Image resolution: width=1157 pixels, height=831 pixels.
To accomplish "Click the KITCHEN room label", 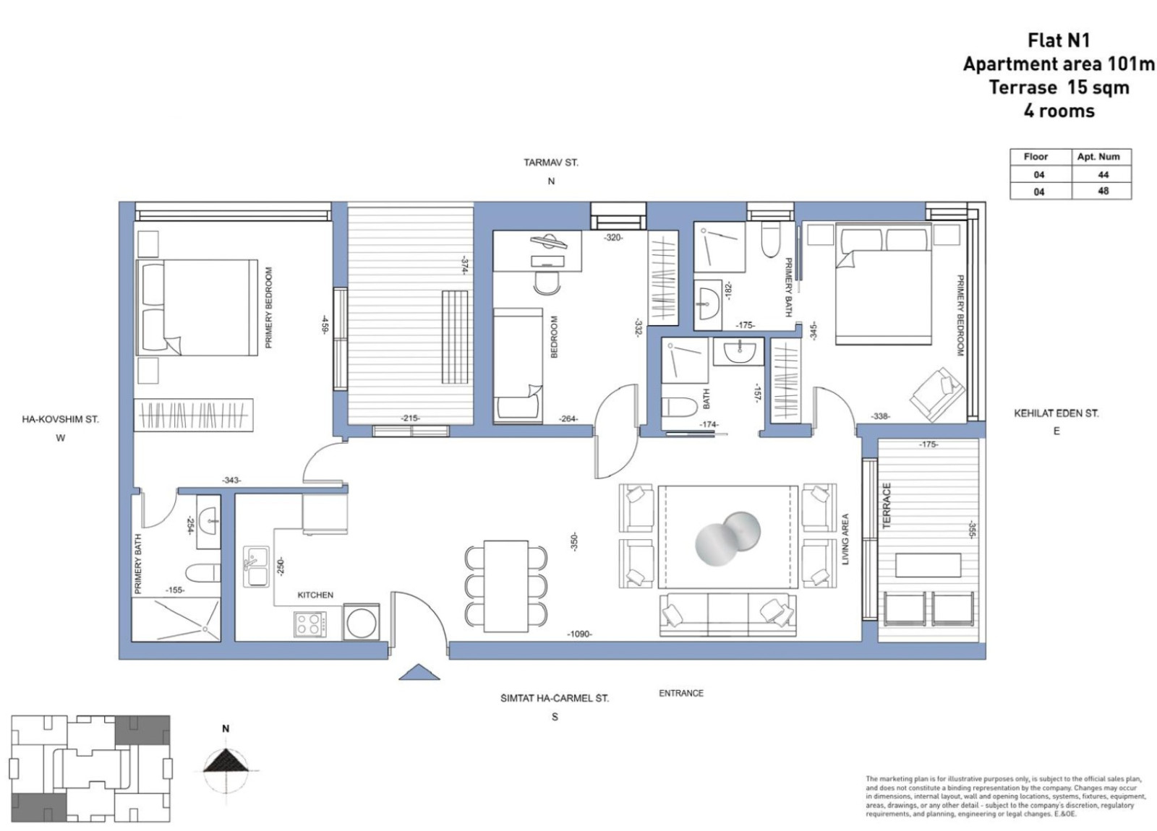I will click(x=315, y=595).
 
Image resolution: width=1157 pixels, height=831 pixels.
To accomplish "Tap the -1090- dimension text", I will click(x=579, y=634).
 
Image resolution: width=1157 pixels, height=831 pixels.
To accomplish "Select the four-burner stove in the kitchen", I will click(x=309, y=624).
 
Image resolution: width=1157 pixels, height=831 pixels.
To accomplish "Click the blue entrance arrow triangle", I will click(x=419, y=673).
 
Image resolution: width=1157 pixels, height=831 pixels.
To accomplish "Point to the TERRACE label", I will click(x=887, y=505).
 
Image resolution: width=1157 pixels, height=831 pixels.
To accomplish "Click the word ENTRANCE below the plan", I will click(x=680, y=693).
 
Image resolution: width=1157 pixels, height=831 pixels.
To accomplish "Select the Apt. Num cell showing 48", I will click(x=1102, y=191).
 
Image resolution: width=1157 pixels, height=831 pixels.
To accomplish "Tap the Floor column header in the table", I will click(x=1036, y=157).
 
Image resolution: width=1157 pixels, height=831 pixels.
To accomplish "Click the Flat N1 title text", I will click(x=1059, y=40).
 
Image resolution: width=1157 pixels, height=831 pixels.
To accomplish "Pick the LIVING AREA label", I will click(x=845, y=539).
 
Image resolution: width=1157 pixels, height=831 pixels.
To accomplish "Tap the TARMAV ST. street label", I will click(x=550, y=163).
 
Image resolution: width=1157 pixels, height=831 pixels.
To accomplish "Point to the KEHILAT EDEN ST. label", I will click(x=1056, y=413).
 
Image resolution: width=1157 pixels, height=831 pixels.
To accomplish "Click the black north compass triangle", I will click(x=226, y=761).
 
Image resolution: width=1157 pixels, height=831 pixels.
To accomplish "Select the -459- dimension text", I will click(x=325, y=324).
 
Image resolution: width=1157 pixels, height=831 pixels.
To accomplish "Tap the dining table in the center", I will click(x=506, y=585).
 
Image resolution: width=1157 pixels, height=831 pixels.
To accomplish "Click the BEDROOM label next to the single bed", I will click(x=555, y=337).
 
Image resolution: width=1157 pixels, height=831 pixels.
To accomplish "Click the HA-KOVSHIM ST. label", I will click(x=60, y=419).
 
